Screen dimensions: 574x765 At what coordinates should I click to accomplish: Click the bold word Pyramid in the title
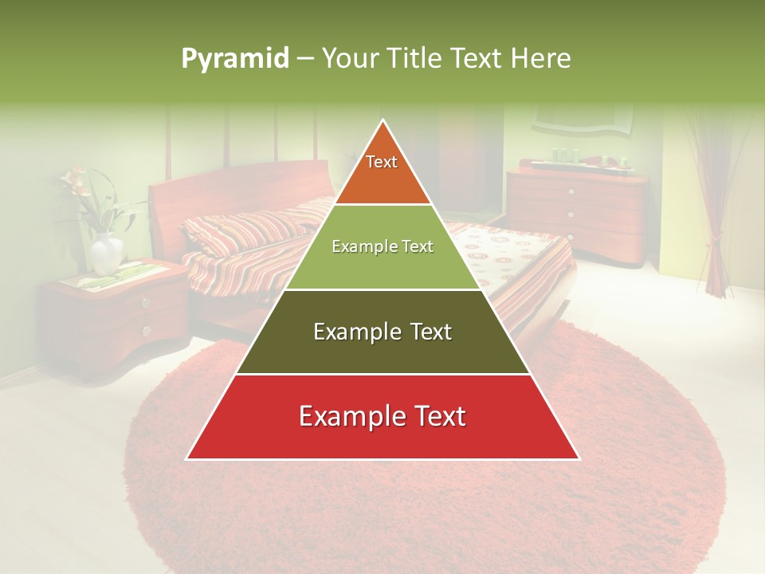235,59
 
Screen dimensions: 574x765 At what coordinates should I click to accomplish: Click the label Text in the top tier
382,162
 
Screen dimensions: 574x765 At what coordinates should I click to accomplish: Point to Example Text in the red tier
382,416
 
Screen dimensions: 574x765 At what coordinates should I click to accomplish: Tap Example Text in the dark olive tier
382,332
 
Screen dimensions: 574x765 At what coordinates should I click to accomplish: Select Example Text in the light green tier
382,246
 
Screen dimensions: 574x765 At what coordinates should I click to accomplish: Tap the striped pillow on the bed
239,231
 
